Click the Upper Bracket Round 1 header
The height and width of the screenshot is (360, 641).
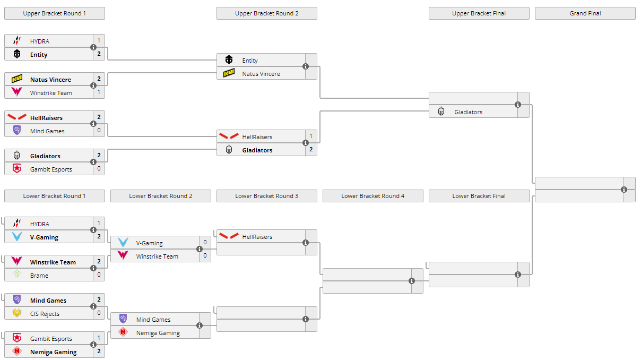click(x=54, y=13)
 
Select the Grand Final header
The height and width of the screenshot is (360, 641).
click(x=585, y=13)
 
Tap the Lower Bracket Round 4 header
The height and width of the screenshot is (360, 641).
click(x=373, y=196)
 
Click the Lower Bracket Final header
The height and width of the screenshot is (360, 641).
click(x=479, y=196)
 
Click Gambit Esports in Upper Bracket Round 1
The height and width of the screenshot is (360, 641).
click(x=50, y=169)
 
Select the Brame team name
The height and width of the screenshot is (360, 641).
click(x=39, y=276)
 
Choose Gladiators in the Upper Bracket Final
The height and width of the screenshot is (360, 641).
click(x=468, y=112)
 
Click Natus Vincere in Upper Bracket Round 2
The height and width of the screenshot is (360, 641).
click(x=261, y=74)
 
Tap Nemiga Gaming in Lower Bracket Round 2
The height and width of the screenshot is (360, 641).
click(x=158, y=333)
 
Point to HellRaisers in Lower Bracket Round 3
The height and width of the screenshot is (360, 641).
click(x=257, y=237)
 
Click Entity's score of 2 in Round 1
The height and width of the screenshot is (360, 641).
click(x=99, y=54)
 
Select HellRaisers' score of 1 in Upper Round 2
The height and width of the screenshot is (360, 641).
click(x=311, y=136)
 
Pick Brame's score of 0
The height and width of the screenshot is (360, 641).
click(x=99, y=275)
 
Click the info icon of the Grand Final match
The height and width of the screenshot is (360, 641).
click(x=624, y=190)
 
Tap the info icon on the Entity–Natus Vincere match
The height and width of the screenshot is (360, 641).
click(x=306, y=66)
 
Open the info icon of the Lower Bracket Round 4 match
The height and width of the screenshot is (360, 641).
click(x=412, y=281)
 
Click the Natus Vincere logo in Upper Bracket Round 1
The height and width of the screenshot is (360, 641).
click(x=17, y=80)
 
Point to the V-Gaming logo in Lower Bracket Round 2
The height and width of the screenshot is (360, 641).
click(x=123, y=243)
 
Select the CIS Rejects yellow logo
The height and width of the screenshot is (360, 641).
click(x=17, y=313)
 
